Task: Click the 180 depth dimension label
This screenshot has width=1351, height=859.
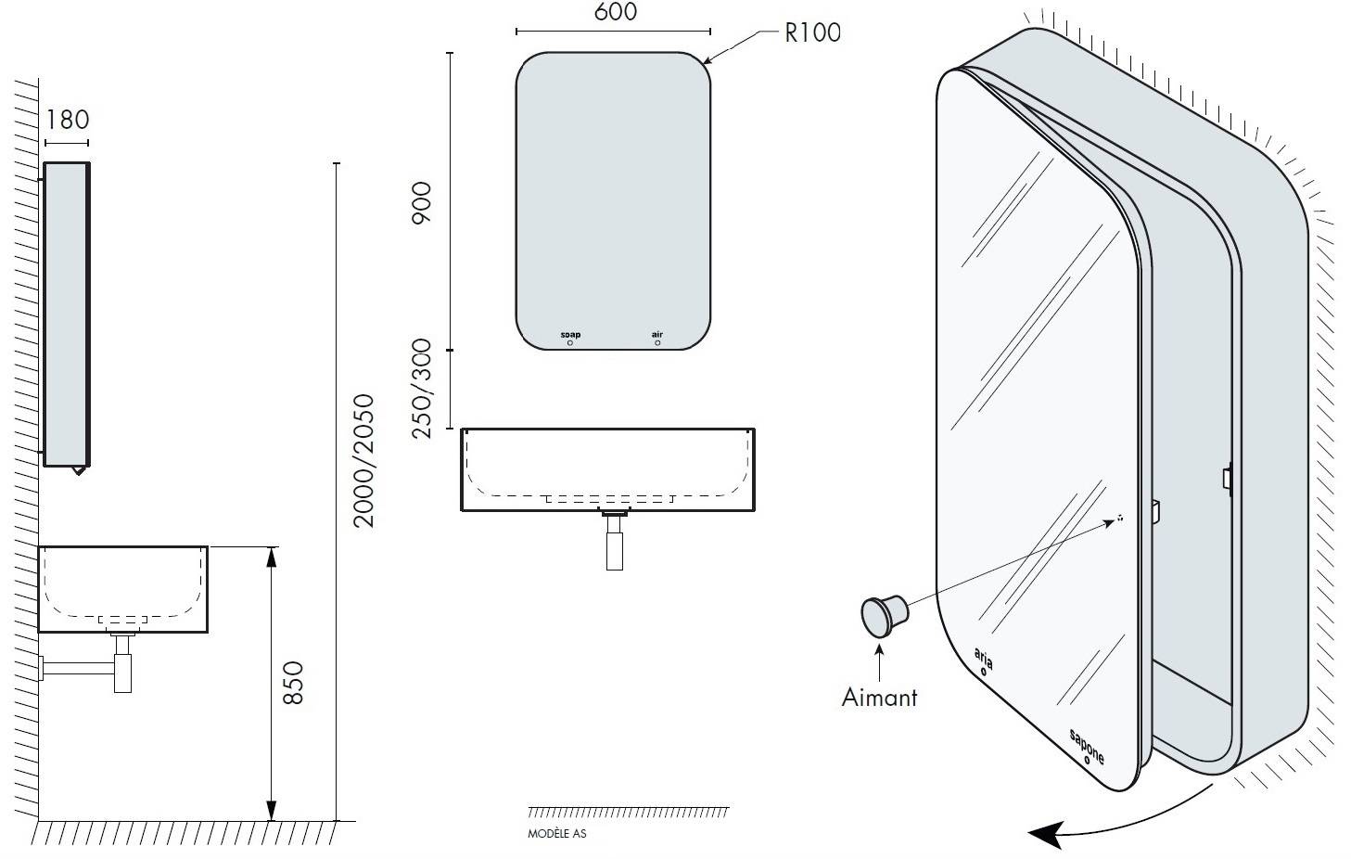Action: pos(68,120)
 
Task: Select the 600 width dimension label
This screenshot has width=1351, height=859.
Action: pos(615,11)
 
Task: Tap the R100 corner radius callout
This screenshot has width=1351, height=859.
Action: pos(812,32)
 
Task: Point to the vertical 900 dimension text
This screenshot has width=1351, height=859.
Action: pos(422,202)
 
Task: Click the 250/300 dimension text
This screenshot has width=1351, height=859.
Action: pos(422,389)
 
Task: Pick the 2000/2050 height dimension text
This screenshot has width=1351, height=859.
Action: pos(363,461)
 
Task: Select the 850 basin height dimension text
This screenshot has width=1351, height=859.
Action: pos(293,683)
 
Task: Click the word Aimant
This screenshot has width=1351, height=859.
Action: pos(879,698)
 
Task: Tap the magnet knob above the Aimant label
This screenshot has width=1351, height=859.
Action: pos(885,616)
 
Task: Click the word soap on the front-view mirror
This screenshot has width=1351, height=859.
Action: pos(570,335)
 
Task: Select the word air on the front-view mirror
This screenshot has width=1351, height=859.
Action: pos(656,335)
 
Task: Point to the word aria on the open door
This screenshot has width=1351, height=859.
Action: pos(984,658)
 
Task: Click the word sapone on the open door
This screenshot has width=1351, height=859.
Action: pos(1087,746)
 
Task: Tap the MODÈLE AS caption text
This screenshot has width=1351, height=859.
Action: pos(556,834)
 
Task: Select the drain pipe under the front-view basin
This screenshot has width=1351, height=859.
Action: pos(615,541)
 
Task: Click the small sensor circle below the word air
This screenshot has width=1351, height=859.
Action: pos(657,342)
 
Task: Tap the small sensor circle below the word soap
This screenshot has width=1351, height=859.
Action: pos(570,342)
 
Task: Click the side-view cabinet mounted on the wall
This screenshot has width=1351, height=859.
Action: pos(67,314)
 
